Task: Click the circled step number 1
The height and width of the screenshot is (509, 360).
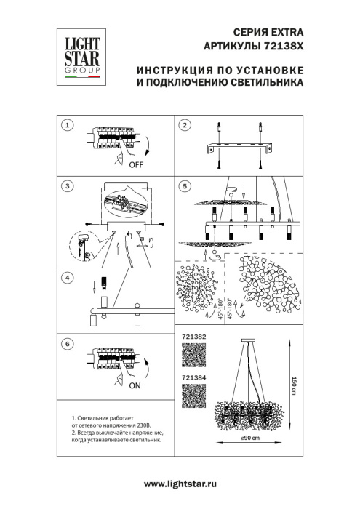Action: click(x=67, y=126)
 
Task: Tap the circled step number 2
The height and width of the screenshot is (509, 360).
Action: click(x=185, y=126)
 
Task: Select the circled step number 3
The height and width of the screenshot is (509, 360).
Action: click(x=67, y=187)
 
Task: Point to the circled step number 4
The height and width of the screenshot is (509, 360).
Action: click(x=67, y=277)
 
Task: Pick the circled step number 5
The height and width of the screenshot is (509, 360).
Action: click(x=185, y=187)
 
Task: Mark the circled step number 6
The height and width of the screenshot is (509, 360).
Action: click(x=67, y=342)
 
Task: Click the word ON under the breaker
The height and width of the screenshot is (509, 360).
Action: click(x=134, y=387)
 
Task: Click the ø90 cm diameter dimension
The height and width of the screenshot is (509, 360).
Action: click(x=251, y=437)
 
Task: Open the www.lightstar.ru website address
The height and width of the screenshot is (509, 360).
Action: click(x=180, y=484)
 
